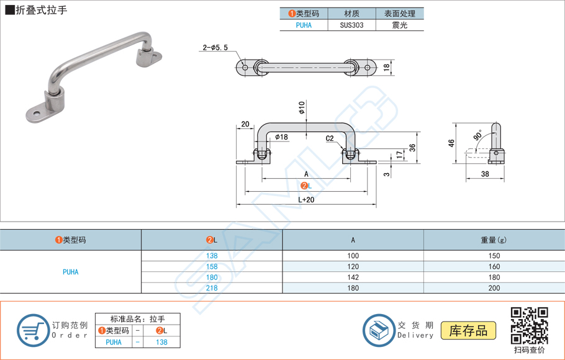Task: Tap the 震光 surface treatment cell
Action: pyautogui.click(x=400, y=25)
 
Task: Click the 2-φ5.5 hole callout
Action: pyautogui.click(x=215, y=47)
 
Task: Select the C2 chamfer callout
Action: pyautogui.click(x=330, y=138)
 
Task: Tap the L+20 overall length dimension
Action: pyautogui.click(x=306, y=199)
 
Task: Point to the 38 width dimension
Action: pyautogui.click(x=485, y=174)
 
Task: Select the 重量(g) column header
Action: pyautogui.click(x=494, y=240)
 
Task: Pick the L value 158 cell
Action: pyautogui.click(x=212, y=267)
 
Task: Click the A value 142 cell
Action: pyautogui.click(x=353, y=277)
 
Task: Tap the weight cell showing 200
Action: pyautogui.click(x=494, y=288)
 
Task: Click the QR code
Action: pyautogui.click(x=528, y=325)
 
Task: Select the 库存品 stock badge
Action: pyautogui.click(x=468, y=331)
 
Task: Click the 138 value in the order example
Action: pyautogui.click(x=161, y=341)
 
